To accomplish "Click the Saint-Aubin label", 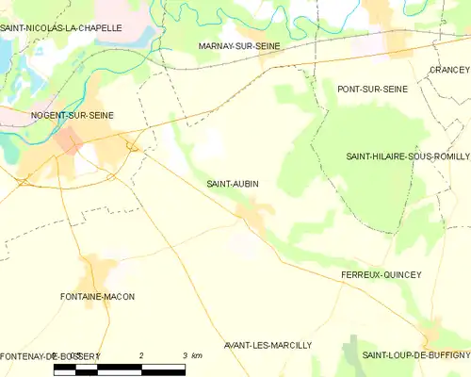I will (x=233, y=184).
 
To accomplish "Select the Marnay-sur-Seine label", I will (x=240, y=45).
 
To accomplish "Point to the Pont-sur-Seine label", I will (x=372, y=89).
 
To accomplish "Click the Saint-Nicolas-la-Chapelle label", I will (x=61, y=28).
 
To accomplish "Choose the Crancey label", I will (x=448, y=70).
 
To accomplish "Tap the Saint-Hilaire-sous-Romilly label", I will (x=407, y=156).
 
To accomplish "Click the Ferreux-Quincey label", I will (x=382, y=274).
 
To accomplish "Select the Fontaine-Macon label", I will (x=97, y=296).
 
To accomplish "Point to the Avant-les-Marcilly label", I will (x=268, y=345).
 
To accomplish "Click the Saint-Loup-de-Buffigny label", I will (x=415, y=354).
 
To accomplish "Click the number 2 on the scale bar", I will (x=140, y=355).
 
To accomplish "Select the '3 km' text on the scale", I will (x=189, y=355).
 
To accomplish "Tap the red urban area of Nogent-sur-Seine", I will (x=70, y=141).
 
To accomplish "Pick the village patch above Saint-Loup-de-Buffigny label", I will (x=431, y=335).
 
